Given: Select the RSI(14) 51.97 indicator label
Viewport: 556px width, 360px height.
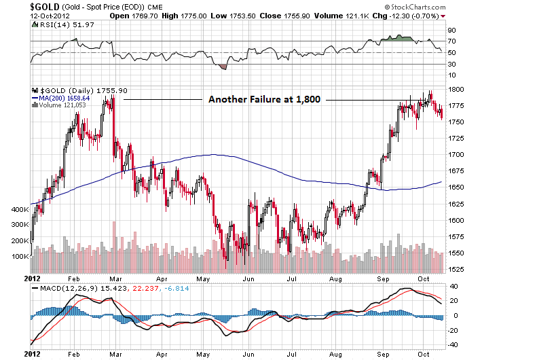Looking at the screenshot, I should pos(60,25).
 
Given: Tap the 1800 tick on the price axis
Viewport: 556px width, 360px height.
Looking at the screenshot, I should pos(455,89).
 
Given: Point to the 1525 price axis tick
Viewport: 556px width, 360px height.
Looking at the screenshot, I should pos(455,270).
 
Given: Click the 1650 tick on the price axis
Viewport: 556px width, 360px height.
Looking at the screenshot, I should pos(455,187).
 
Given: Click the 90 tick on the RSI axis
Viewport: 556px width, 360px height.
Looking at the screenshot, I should pos(451,30).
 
